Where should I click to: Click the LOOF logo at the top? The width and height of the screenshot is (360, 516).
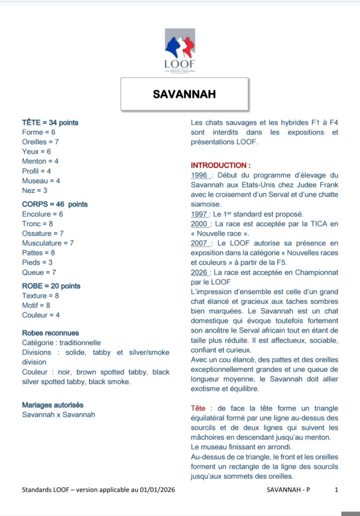click(179, 50)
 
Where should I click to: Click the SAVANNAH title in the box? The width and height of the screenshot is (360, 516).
click(184, 94)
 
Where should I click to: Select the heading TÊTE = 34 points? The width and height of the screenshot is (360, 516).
click(50, 122)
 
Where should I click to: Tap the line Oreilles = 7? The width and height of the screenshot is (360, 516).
click(40, 142)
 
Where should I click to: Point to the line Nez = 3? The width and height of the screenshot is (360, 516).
click(34, 190)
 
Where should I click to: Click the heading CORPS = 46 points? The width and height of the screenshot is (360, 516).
click(54, 204)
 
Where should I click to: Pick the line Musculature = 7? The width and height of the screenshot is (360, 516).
click(48, 243)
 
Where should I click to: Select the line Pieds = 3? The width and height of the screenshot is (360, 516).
click(37, 262)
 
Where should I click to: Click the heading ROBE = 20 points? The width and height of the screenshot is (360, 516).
click(51, 286)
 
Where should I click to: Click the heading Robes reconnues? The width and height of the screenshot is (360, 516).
click(50, 333)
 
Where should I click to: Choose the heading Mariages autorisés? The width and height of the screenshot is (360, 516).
click(52, 405)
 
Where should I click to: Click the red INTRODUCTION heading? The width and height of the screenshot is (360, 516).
click(220, 165)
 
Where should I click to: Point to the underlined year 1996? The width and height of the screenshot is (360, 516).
click(199, 175)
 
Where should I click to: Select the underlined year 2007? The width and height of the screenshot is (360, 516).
click(200, 243)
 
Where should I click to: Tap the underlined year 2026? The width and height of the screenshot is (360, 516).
click(200, 272)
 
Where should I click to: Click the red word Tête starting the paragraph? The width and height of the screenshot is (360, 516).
click(198, 408)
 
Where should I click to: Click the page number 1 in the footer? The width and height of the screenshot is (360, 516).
click(336, 489)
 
